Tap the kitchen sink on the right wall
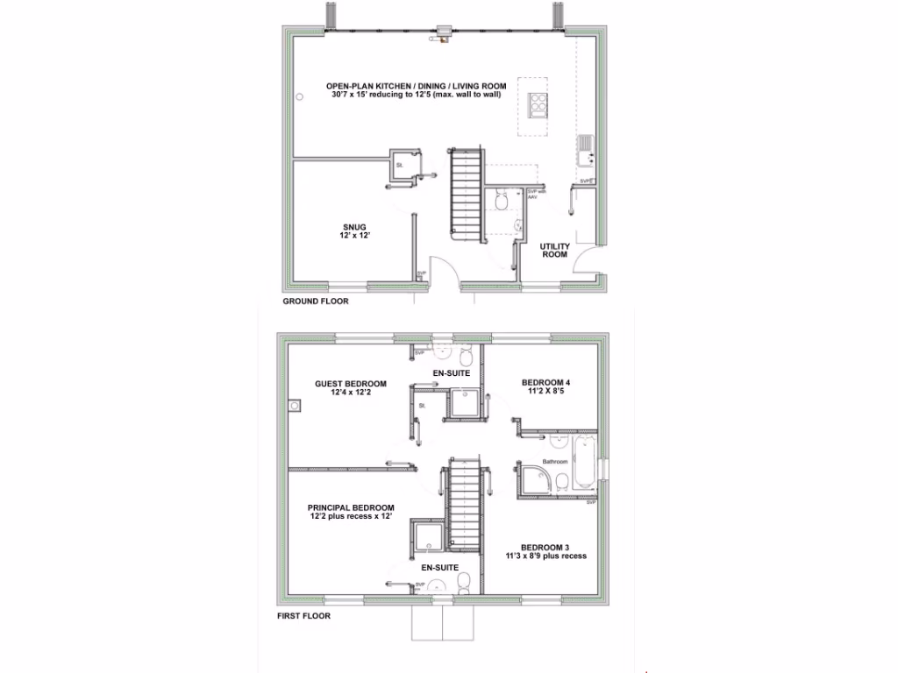pos(586,150)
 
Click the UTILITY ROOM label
pos(555,250)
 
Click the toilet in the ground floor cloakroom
pos(502,202)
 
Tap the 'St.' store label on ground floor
pos(399,165)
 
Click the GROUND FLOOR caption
pos(315,301)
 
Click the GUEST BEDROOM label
pos(351,384)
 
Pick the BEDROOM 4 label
pos(546,383)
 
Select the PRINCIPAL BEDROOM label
pos(350,507)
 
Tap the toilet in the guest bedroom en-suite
pos(466,357)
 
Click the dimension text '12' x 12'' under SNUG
pos(355,237)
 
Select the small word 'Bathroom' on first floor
pos(555,462)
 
